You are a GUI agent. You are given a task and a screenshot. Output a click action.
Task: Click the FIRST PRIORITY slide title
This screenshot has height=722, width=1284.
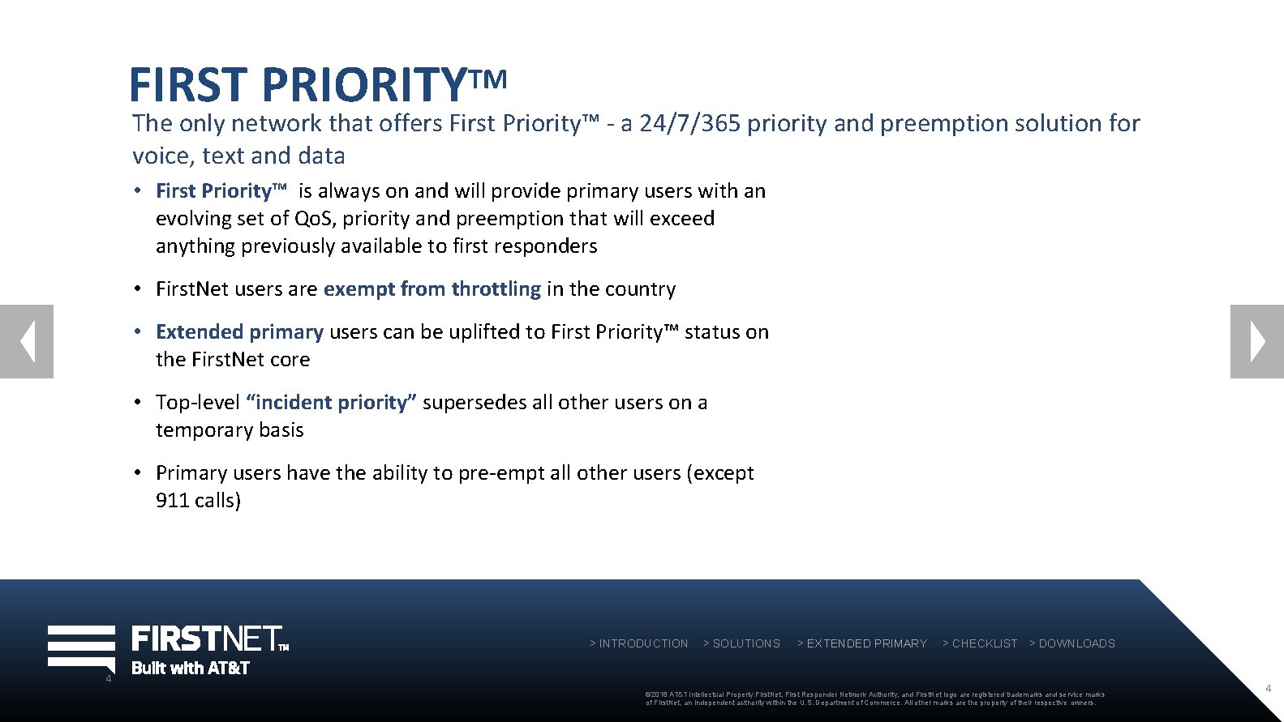coord(317,83)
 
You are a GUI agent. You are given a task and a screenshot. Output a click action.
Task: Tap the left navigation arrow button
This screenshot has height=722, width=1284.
coord(27,341)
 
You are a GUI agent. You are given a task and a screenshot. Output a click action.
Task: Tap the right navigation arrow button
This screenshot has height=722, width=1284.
coord(1256,341)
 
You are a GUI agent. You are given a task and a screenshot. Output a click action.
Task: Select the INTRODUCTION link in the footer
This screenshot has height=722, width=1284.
coord(639,643)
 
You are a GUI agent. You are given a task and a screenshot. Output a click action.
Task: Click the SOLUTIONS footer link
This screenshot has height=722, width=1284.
coord(741,643)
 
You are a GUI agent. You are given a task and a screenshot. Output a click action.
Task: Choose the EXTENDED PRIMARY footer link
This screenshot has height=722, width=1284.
coord(862,643)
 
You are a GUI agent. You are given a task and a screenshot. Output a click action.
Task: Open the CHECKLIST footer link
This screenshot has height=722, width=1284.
coord(980,643)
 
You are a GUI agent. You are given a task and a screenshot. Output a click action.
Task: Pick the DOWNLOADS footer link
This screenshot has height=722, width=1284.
coord(1072,643)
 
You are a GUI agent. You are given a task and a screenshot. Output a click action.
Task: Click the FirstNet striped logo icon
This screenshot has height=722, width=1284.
coord(81,647)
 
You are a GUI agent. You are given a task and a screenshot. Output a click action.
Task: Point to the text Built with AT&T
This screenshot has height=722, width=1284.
coord(191,669)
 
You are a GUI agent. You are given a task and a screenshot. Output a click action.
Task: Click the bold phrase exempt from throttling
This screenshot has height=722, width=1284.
coord(432,289)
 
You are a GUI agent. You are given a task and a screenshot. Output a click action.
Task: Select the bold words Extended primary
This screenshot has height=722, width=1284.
coord(239,332)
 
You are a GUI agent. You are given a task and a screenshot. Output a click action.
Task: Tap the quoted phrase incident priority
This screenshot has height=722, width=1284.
coord(331,403)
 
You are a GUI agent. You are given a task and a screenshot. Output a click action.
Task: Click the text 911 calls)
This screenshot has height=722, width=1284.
coord(198,501)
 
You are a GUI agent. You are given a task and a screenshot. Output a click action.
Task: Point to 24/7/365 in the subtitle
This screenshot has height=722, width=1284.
coord(689,123)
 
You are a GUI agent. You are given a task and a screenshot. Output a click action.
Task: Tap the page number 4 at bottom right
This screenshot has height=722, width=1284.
coord(1269,688)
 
